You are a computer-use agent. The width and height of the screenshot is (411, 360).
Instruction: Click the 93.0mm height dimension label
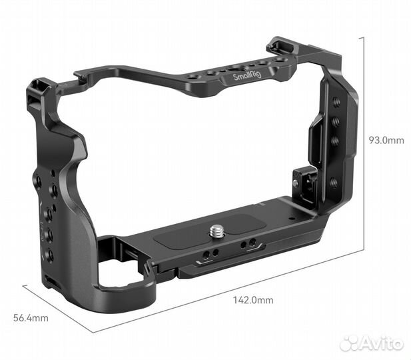386,140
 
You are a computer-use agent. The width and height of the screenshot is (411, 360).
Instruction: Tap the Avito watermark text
382,344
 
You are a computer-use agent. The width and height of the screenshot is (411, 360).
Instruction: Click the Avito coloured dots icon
350,343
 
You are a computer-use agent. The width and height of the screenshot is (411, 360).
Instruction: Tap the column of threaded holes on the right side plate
335,131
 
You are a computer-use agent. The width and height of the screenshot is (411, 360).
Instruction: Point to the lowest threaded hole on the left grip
49,254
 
